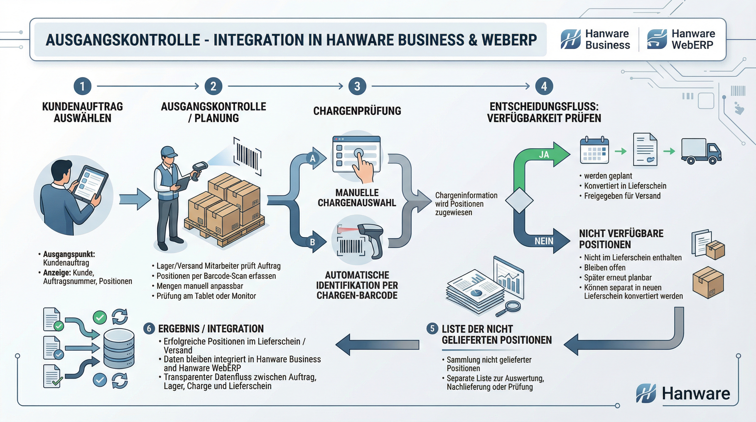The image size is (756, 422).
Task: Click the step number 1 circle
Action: (x=82, y=86)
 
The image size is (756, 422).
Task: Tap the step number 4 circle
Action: (x=544, y=86)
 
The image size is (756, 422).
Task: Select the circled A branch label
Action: (x=313, y=159)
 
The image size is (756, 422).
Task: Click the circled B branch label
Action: (x=313, y=242)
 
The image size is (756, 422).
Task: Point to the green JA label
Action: (x=544, y=155)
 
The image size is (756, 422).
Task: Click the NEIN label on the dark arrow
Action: (x=544, y=241)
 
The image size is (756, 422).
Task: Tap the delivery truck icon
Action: (x=701, y=151)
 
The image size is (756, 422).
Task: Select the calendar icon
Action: (x=594, y=150)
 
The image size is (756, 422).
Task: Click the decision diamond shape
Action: (x=519, y=201)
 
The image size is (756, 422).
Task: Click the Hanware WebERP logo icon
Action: (x=657, y=39)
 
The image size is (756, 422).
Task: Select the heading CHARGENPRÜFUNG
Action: (x=357, y=111)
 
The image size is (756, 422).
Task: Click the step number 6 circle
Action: (x=149, y=328)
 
